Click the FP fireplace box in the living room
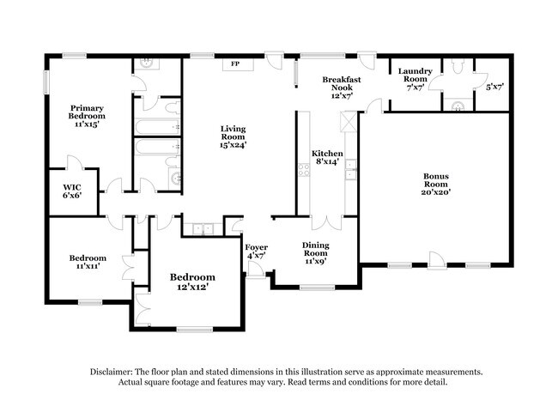pos(234,64)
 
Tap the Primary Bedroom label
pos(88,115)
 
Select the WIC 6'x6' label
pos(72,191)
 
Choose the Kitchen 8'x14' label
pos(325,156)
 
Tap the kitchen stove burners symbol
pos(303,170)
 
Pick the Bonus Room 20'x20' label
pos(435,185)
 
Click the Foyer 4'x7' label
pos(257,251)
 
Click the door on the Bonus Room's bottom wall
pos(435,258)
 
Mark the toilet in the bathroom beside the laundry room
pos(458,67)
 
